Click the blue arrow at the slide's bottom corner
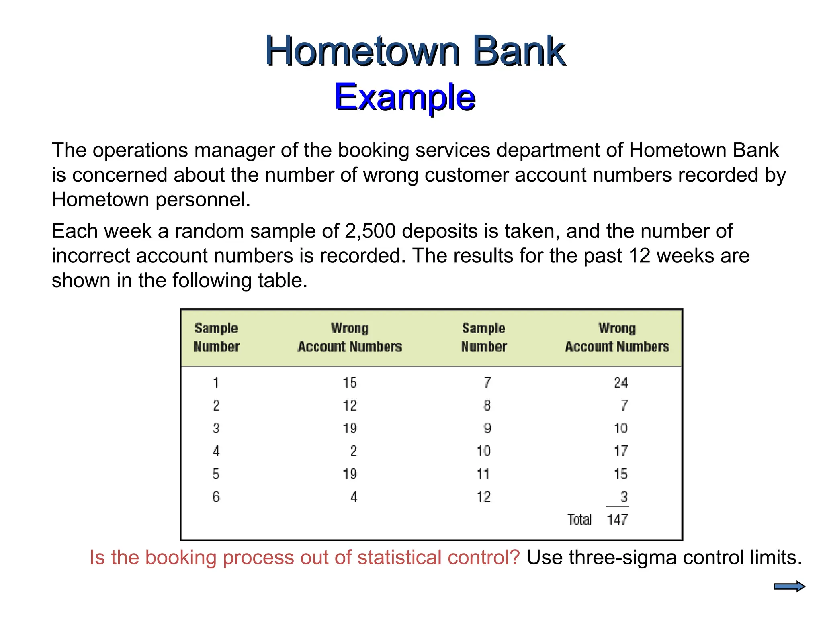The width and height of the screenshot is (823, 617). point(789,586)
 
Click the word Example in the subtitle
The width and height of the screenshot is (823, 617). point(405,97)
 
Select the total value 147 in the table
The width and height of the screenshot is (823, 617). point(617,519)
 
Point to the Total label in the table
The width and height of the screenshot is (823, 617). point(579,519)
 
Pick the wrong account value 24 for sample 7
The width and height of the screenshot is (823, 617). point(620,382)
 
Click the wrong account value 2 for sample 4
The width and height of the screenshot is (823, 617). point(353,451)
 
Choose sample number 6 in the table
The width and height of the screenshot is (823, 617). point(216,497)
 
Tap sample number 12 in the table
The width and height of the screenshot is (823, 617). point(483,497)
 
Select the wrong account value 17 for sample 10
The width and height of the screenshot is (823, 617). point(620,451)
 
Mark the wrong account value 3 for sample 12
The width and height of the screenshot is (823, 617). point(624,497)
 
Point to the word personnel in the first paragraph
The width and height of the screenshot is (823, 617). point(203,200)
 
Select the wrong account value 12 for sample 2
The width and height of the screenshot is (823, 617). point(350,405)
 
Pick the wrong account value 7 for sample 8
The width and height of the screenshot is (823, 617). point(624,405)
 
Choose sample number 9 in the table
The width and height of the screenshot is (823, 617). point(487,428)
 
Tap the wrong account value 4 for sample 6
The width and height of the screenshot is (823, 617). point(353,497)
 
